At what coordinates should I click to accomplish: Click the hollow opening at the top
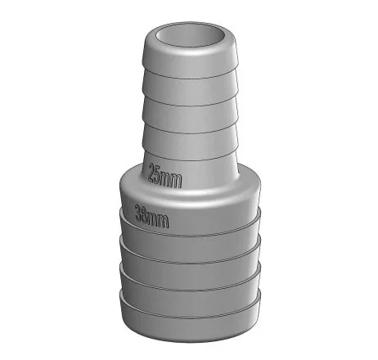[x=191, y=36]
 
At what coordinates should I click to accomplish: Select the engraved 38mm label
[x=152, y=217]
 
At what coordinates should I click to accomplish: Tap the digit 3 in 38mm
[x=139, y=213]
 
